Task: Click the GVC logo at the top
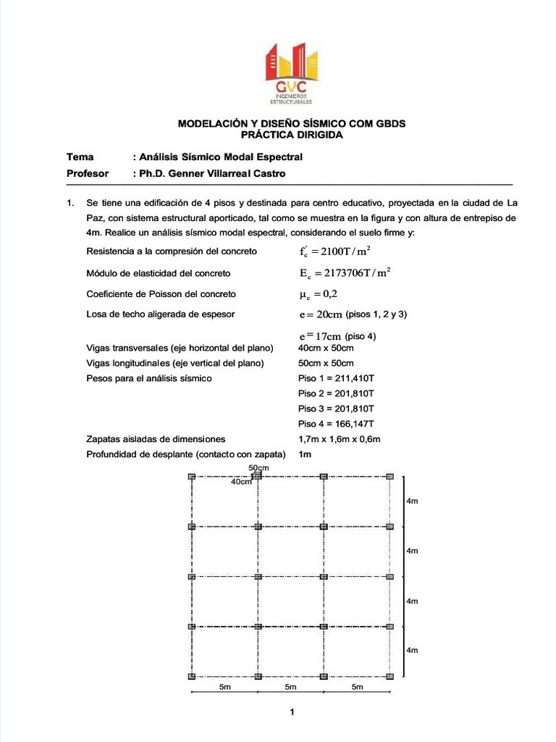coord(292,72)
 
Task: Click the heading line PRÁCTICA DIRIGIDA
coord(292,135)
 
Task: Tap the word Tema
coord(80,157)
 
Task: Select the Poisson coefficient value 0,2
coord(318,294)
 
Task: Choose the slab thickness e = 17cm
coord(319,336)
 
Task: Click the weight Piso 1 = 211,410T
coord(336,378)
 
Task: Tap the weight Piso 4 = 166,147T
coord(336,423)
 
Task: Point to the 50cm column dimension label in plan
coord(258,468)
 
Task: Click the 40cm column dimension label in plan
coord(241,482)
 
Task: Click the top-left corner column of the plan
coord(192,476)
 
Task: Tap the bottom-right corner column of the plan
coord(390,676)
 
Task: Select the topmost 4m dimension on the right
coord(413,501)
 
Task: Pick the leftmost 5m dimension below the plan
coord(224,688)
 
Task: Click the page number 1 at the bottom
coord(292,713)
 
